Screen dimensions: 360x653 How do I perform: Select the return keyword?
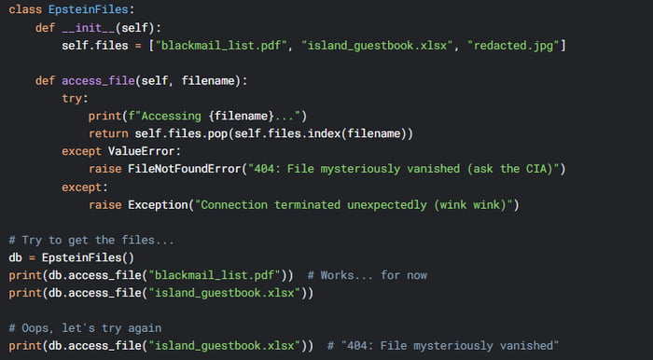[x=110, y=133]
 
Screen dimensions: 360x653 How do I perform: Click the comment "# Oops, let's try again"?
[x=83, y=328]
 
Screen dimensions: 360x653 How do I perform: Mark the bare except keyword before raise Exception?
[x=83, y=187]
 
